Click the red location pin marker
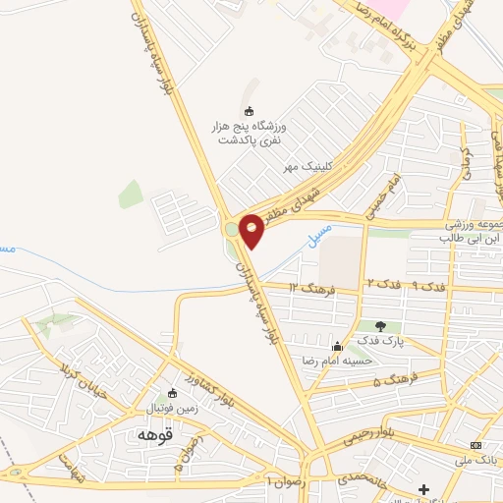[251, 229]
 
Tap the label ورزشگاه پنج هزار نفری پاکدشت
[248, 135]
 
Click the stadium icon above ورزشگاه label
[249, 111]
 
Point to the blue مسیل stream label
[320, 237]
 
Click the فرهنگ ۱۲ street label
[317, 287]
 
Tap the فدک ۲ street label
[384, 283]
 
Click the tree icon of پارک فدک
[380, 325]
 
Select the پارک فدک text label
[380, 340]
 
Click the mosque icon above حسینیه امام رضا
[339, 346]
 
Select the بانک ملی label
[476, 460]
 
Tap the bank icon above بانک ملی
[476, 445]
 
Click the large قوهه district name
[156, 433]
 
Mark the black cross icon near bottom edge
[424, 489]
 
